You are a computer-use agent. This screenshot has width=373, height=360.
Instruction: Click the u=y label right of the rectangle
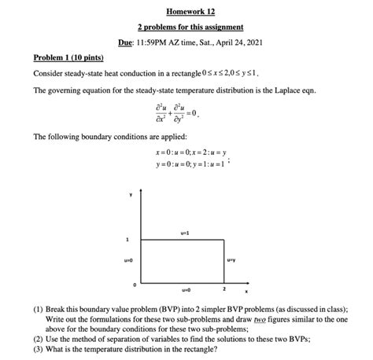click(231, 259)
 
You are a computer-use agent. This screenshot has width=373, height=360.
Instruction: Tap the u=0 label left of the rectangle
click(130, 259)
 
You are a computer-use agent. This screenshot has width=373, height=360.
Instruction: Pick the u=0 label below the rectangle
click(185, 288)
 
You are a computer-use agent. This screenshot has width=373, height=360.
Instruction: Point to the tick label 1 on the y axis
click(127, 238)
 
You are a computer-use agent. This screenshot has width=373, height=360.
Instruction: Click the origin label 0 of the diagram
click(135, 283)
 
